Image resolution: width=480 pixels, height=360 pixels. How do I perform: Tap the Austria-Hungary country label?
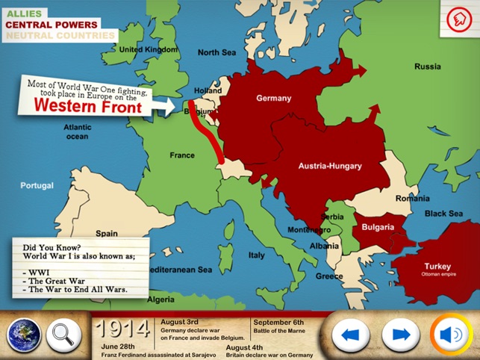(330, 166)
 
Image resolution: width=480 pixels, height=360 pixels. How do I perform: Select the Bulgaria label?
(378, 226)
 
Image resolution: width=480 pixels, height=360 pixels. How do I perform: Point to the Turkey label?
(437, 267)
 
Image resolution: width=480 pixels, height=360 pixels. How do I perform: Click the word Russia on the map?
(428, 66)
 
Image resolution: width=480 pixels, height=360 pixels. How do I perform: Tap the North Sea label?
(217, 52)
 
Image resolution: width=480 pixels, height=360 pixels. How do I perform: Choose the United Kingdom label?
(149, 49)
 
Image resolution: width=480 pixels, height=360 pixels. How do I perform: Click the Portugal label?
(37, 185)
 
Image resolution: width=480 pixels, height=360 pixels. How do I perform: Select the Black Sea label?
(444, 214)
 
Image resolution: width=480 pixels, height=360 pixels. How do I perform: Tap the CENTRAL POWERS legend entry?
(52, 24)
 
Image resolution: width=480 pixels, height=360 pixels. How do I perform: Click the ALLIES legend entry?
(25, 13)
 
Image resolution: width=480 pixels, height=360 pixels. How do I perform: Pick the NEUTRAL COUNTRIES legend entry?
(61, 35)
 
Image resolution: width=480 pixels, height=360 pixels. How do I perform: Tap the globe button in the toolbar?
(24, 335)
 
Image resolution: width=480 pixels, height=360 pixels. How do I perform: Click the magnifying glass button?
(63, 335)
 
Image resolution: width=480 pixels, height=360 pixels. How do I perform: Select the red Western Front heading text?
(88, 106)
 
